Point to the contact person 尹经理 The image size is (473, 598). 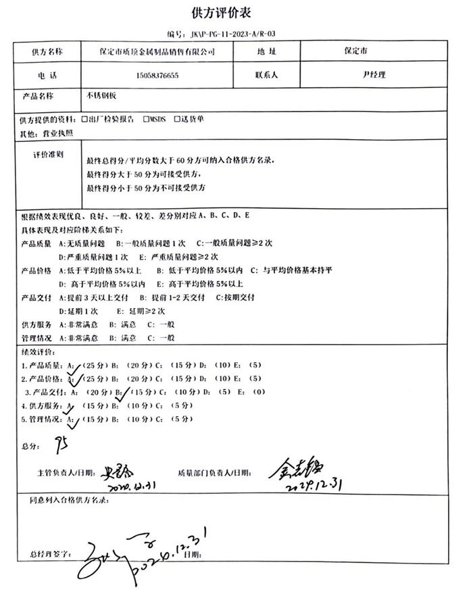click(x=374, y=75)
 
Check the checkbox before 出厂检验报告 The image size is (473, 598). click(x=84, y=119)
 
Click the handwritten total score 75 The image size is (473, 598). click(x=61, y=445)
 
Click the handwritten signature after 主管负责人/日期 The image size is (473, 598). click(x=120, y=471)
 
